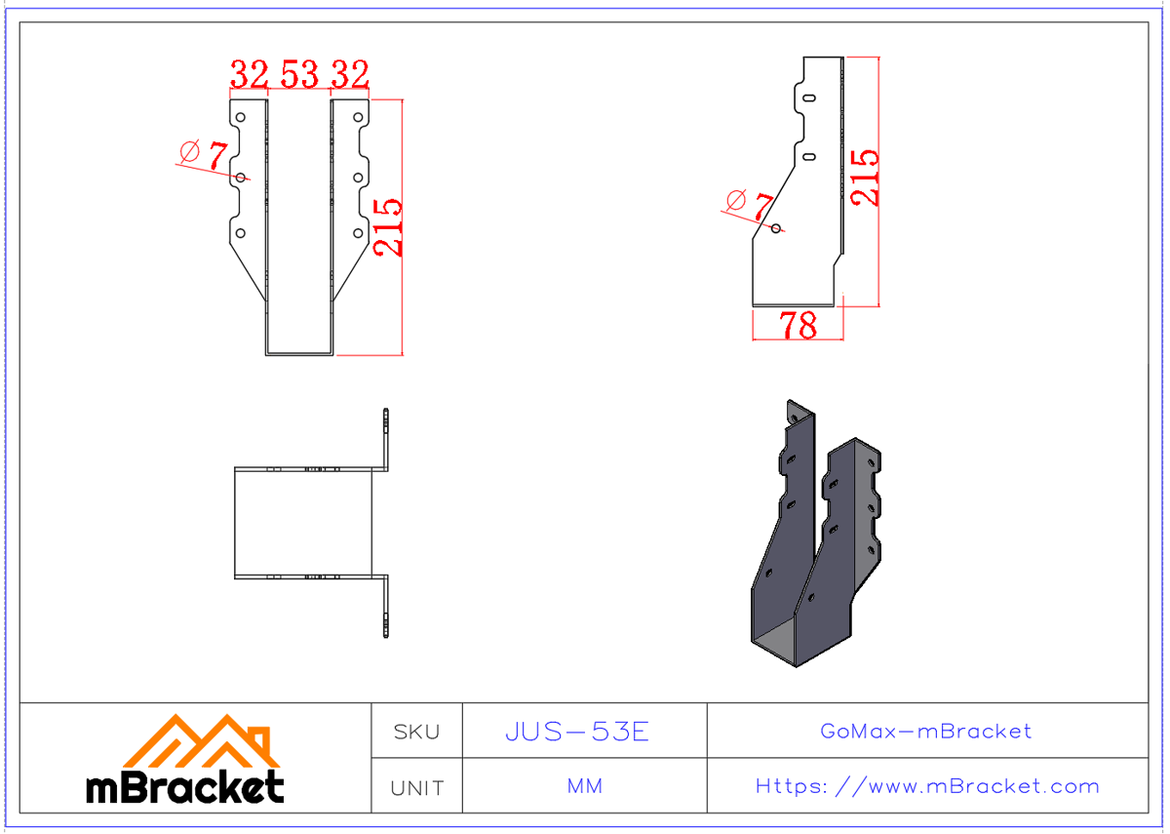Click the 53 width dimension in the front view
(x=300, y=74)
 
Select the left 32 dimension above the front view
(x=250, y=74)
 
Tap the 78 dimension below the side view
(x=798, y=326)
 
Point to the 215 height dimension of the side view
(x=865, y=177)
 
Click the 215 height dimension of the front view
(x=388, y=226)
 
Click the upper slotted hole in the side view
(x=809, y=98)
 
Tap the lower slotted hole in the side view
(x=809, y=155)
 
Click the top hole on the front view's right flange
(x=358, y=118)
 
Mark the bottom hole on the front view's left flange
(x=241, y=233)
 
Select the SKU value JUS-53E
(x=576, y=732)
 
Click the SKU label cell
(x=416, y=732)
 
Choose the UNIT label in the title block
(x=416, y=787)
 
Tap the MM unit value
(x=584, y=786)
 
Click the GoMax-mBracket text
(x=925, y=731)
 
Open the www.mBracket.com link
(x=927, y=786)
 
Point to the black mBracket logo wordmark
(x=185, y=786)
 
